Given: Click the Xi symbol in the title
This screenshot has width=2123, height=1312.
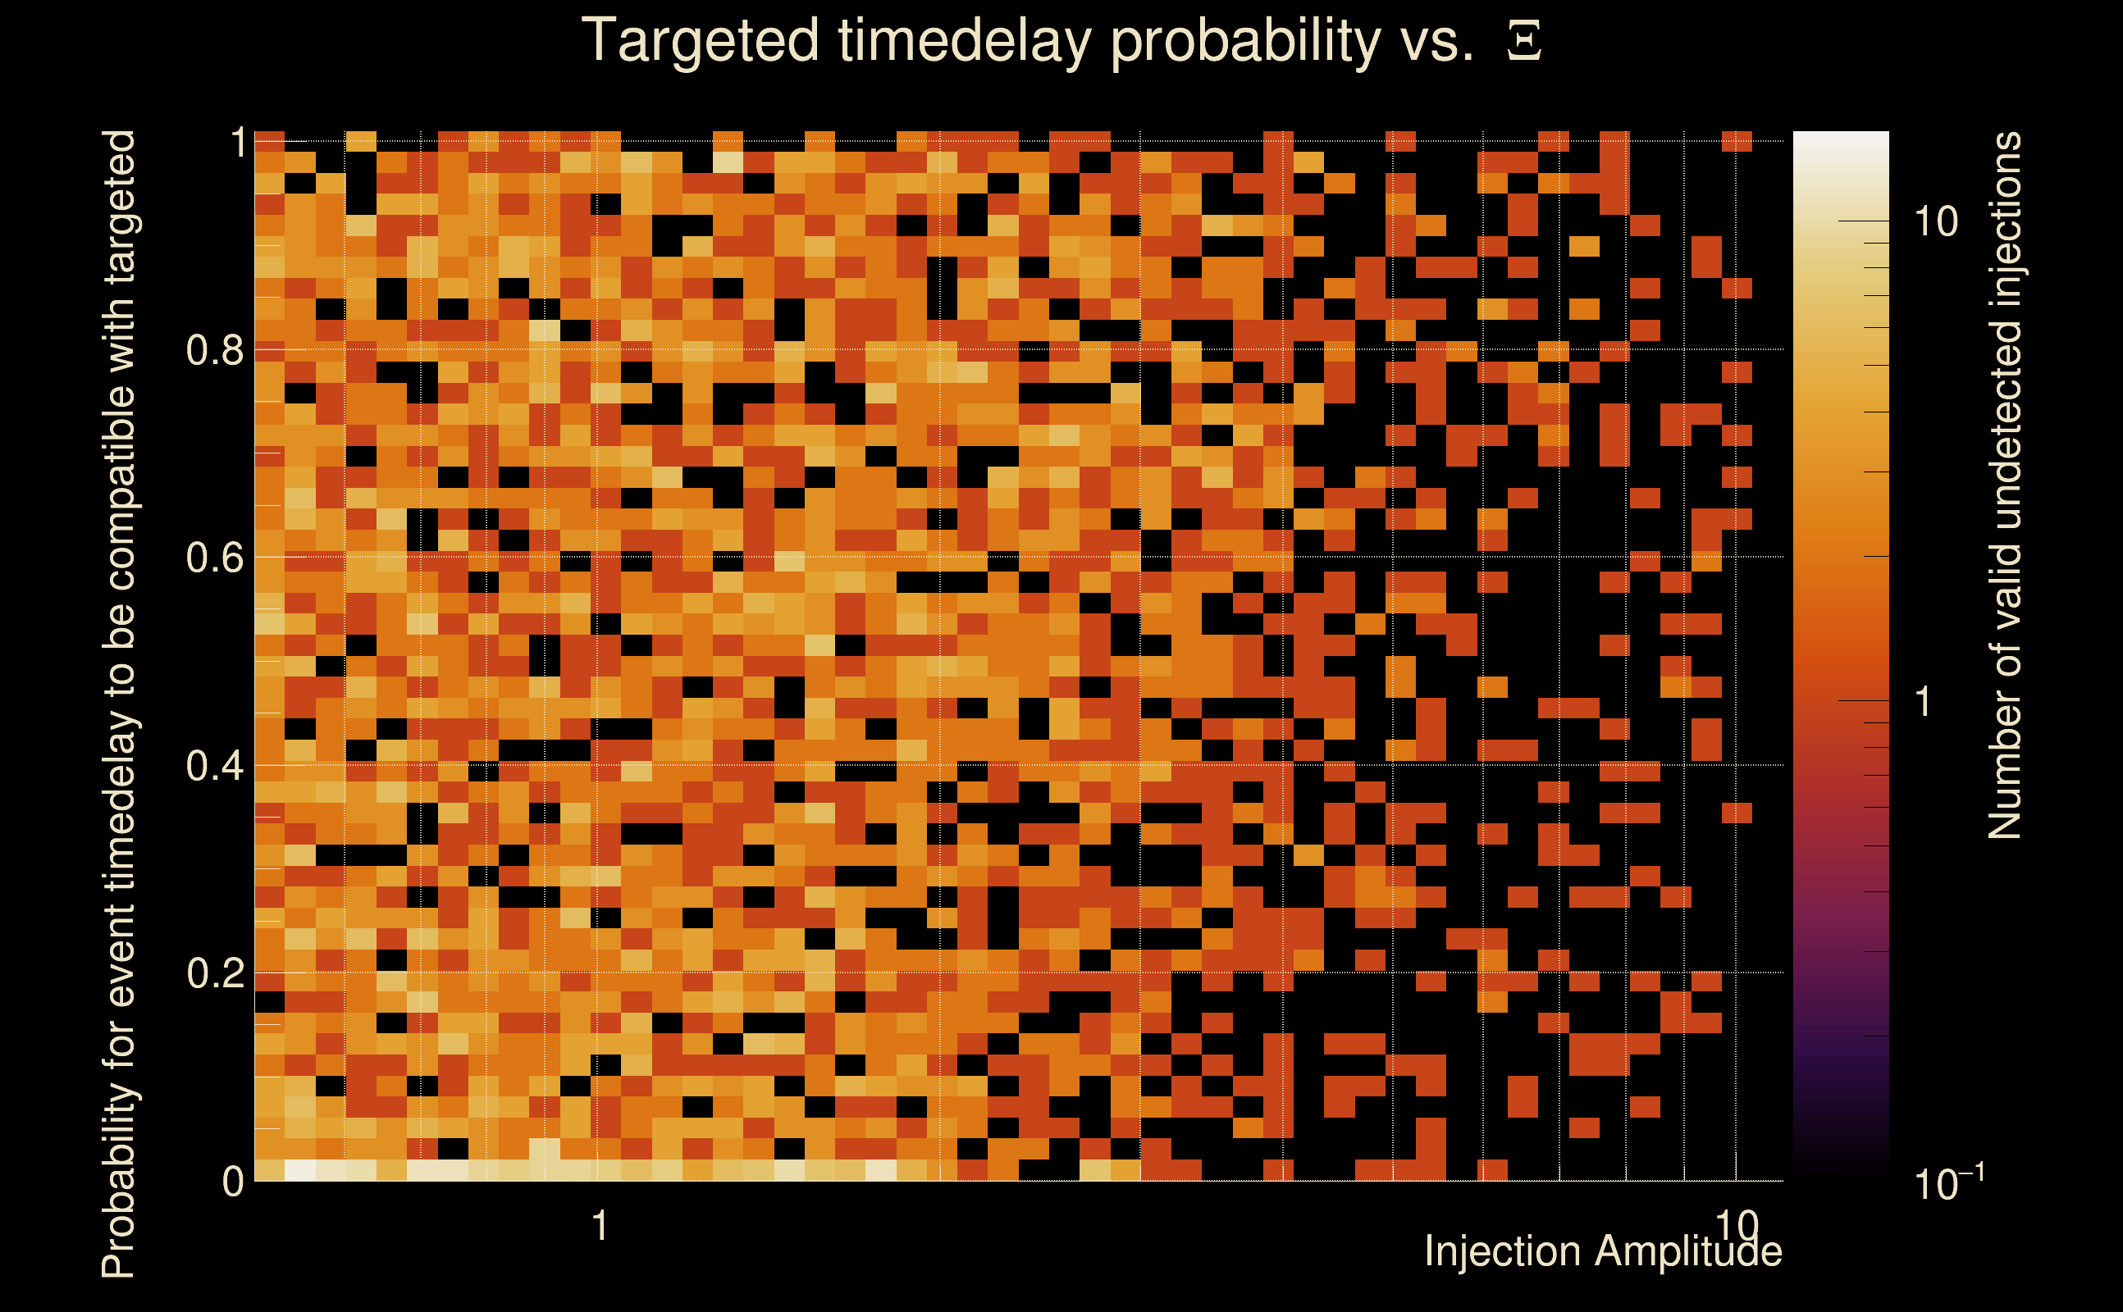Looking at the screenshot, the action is tap(1524, 42).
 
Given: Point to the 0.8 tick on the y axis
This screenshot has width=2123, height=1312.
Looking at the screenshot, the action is tap(214, 351).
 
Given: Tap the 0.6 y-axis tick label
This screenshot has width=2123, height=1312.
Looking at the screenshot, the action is tap(214, 557).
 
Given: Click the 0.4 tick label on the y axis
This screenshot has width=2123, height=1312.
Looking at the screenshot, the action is tap(214, 766).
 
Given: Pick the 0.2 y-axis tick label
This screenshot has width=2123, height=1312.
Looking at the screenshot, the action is tap(214, 973).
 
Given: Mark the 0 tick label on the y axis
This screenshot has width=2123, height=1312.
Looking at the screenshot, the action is tap(233, 1182).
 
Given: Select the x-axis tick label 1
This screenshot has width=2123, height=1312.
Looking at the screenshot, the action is tap(599, 1226).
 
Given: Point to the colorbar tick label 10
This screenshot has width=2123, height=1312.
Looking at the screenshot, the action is tap(1935, 222).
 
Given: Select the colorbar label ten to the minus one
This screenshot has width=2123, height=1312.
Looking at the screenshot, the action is tap(1948, 1182).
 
